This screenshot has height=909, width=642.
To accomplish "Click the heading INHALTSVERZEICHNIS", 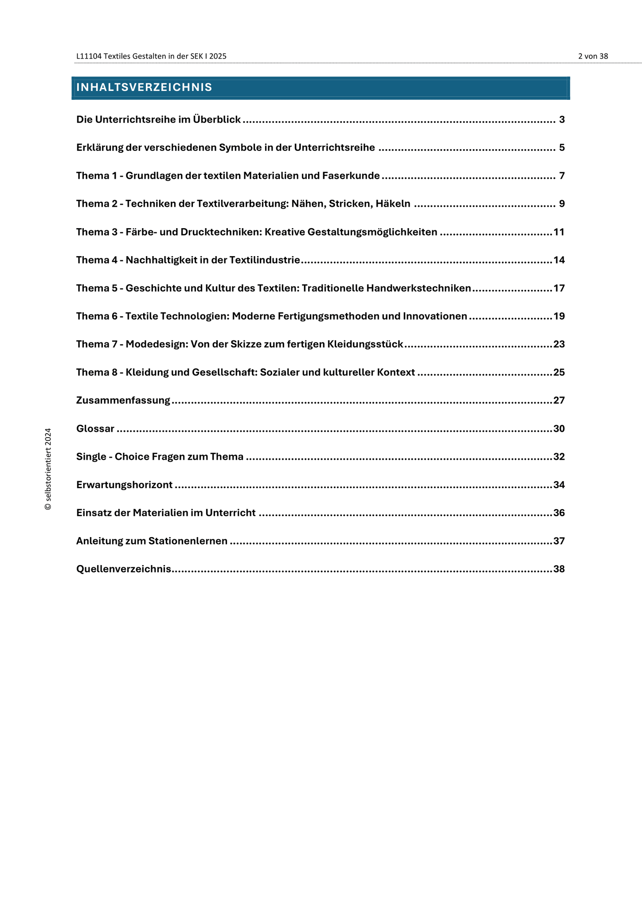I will tap(144, 87).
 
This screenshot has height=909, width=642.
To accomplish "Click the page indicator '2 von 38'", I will tap(593, 56).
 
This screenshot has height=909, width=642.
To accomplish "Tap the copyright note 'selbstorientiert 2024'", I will tap(48, 469).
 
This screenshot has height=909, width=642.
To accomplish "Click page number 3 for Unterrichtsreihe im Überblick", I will tap(561, 119).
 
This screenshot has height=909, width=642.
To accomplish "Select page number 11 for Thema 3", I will tap(559, 232).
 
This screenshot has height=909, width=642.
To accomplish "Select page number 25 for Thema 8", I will tap(559, 372).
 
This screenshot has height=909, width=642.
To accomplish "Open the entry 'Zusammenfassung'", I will tap(123, 400).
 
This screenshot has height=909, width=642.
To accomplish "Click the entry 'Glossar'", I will tap(95, 429).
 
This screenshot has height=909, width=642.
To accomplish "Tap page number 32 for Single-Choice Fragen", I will tap(559, 457).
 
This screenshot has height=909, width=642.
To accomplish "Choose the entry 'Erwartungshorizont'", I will tap(124, 485).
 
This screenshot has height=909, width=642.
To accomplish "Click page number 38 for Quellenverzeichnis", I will tap(559, 569).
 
